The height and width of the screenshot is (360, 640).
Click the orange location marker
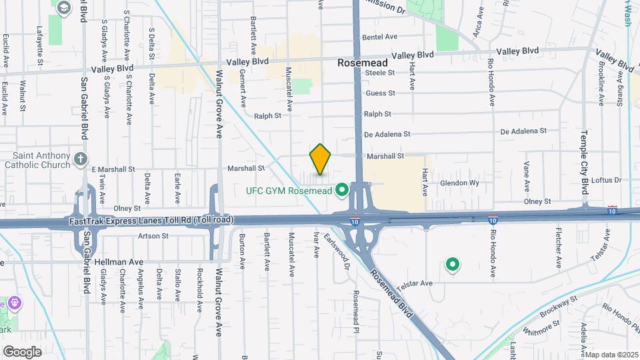coord(321,159)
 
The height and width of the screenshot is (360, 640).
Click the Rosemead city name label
coord(363,62)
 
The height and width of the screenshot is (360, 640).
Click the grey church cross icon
coord(81,159)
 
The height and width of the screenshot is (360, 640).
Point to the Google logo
coord(22,351)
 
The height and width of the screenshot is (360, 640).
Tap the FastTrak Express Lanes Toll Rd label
coord(150,219)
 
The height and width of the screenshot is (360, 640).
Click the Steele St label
coord(380,72)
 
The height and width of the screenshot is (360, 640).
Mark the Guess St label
coord(380,93)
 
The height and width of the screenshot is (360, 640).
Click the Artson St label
coord(153,236)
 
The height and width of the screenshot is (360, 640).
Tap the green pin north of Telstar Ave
coord(453,265)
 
